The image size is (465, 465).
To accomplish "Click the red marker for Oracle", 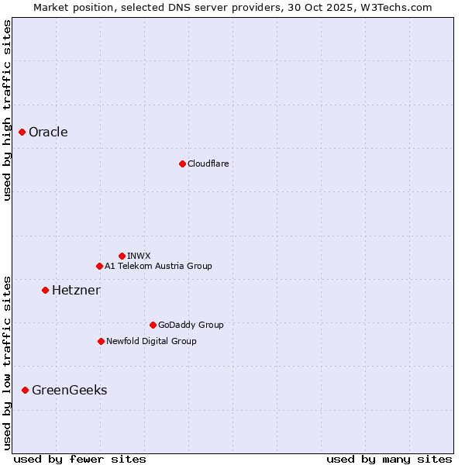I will click(22, 132).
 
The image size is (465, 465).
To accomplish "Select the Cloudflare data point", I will click(182, 164).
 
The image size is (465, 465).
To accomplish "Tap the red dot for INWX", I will click(122, 256).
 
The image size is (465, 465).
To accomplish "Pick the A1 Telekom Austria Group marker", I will click(99, 266).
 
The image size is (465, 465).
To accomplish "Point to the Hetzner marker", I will click(45, 290).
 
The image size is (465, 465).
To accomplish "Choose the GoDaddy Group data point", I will click(153, 325).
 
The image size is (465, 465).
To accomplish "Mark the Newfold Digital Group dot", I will click(101, 341).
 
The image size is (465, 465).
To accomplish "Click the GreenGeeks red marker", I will click(25, 390).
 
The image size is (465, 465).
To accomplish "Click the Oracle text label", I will click(48, 132).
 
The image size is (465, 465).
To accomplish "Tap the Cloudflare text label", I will click(208, 164).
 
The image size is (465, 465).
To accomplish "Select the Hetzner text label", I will click(76, 290).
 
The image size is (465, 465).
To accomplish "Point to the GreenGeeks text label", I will click(69, 390).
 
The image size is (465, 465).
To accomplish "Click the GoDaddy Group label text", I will click(191, 325).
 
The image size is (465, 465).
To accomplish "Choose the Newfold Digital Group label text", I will click(151, 341).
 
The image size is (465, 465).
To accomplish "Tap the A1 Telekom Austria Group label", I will click(158, 266).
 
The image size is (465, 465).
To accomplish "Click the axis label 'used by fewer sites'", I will click(80, 459).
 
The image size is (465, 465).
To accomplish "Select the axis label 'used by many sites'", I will click(389, 459).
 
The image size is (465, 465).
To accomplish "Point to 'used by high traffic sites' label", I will click(7, 110).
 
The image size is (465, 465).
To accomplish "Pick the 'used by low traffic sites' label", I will click(7, 362).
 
